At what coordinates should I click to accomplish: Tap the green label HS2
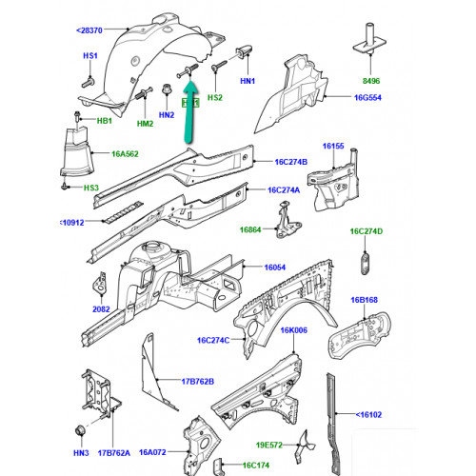coord(216,96)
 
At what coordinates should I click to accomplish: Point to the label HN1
coord(248,82)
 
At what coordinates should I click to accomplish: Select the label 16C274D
coord(367,231)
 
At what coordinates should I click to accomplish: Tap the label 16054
coord(275,269)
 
